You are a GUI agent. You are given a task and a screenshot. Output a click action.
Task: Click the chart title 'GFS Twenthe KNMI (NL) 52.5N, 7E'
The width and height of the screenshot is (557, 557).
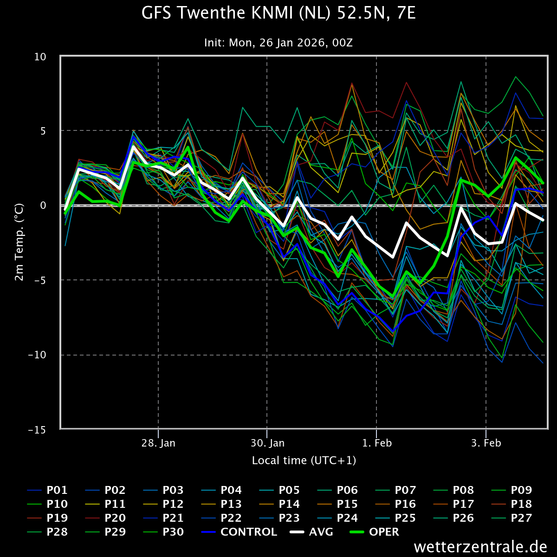(278, 13)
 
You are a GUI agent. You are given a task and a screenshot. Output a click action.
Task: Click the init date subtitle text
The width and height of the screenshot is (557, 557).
(278, 43)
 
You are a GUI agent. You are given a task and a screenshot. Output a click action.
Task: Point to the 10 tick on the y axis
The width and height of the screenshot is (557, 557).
(40, 57)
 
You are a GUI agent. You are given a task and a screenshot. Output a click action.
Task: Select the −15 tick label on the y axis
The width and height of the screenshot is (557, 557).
(37, 430)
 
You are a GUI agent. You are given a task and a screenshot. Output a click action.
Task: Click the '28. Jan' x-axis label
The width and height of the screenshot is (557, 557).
(158, 443)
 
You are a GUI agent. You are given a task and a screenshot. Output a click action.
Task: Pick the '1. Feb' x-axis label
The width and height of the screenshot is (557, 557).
(377, 443)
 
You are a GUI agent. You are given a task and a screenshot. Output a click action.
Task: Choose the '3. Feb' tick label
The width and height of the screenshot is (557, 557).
(486, 443)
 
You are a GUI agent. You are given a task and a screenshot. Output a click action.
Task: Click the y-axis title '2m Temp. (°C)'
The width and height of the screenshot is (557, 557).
(19, 242)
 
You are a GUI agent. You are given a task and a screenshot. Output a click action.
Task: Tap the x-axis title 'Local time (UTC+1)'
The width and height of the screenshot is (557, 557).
(304, 460)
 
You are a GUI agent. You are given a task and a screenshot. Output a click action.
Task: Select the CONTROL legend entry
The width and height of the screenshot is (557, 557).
(239, 532)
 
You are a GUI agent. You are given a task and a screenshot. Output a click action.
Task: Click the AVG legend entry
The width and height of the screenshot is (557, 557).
(311, 532)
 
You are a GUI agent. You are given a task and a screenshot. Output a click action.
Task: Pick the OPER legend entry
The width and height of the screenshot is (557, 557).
(374, 532)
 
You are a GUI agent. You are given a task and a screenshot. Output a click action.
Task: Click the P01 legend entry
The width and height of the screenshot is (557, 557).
(47, 490)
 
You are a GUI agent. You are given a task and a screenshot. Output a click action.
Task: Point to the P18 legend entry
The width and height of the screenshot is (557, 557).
(512, 504)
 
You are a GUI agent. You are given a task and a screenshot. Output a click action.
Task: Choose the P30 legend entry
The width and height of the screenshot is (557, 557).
(163, 532)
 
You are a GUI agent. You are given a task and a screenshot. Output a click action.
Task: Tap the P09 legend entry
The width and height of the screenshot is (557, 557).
(512, 490)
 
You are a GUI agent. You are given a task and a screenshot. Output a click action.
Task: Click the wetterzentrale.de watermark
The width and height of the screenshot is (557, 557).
(480, 547)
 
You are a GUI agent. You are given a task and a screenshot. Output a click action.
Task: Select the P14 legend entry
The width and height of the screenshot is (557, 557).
(279, 504)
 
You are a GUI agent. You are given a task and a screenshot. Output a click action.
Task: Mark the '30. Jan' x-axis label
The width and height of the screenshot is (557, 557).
(268, 443)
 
